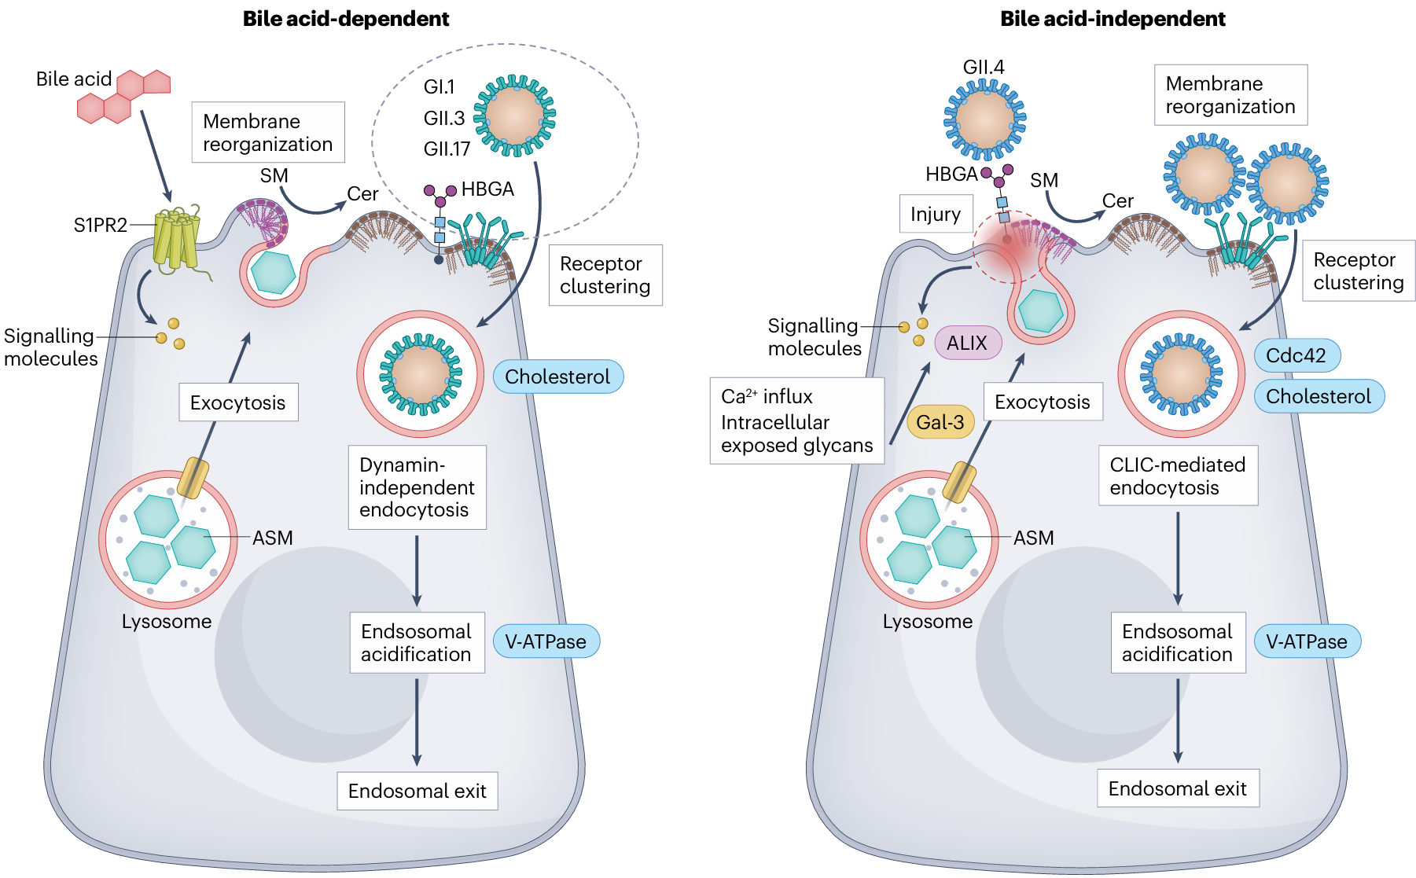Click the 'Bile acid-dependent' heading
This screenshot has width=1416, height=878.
click(x=345, y=19)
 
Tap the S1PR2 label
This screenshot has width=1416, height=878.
click(x=100, y=226)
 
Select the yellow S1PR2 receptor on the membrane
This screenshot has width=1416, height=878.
click(x=176, y=238)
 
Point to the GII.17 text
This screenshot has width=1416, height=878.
click(x=447, y=149)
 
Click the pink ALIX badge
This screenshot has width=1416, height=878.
click(x=967, y=343)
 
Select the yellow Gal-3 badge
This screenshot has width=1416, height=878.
click(x=940, y=422)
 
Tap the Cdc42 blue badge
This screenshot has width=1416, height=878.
click(x=1296, y=355)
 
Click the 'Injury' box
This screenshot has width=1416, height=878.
click(x=936, y=214)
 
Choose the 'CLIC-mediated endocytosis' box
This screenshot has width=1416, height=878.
click(x=1177, y=476)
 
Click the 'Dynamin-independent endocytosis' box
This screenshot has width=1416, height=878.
click(x=417, y=487)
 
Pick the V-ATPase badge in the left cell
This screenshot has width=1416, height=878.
click(x=546, y=641)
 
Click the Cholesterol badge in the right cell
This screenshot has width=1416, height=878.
click(x=1318, y=396)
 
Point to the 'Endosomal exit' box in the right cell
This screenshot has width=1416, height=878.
click(x=1177, y=788)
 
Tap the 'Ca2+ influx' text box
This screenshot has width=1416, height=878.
click(x=796, y=421)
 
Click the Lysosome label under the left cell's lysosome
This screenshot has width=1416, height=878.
click(x=167, y=622)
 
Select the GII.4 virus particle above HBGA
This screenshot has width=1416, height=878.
click(x=984, y=119)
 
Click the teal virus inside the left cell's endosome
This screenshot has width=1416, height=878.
click(x=421, y=374)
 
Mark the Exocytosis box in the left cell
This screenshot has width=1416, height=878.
click(x=238, y=402)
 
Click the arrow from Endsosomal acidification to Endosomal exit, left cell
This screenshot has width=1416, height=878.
click(x=417, y=722)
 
